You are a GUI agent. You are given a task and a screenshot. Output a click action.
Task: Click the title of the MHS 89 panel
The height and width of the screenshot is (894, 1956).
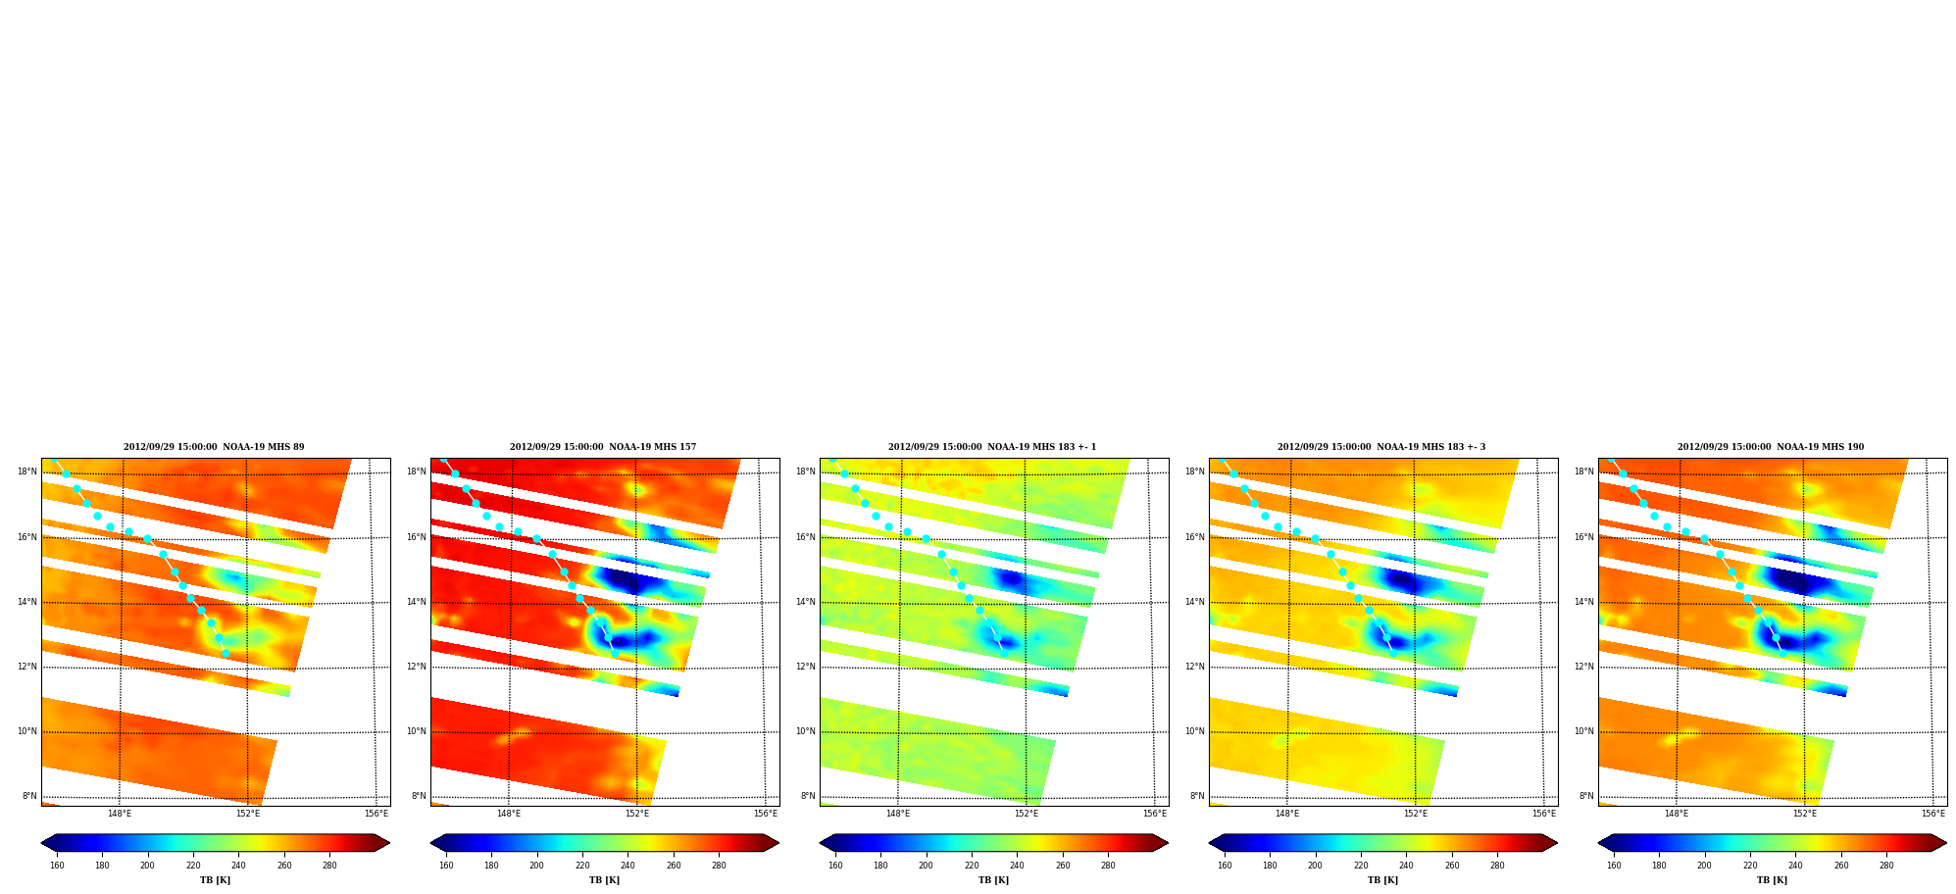pos(214,447)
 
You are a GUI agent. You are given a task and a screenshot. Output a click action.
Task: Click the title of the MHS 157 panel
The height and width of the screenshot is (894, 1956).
pos(603,447)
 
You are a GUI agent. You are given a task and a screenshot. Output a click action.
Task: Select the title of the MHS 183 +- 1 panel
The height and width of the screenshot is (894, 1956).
pos(992,447)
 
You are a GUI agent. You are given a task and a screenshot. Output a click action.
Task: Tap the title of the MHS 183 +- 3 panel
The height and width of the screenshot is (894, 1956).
pos(1381,447)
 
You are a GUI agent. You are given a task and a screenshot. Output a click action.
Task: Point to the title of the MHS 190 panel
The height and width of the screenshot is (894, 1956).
pos(1771,447)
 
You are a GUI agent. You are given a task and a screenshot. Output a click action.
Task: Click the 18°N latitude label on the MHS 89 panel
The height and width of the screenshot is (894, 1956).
pos(27,472)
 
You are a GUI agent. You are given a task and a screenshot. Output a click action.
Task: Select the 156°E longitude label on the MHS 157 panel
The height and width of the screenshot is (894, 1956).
pos(766,814)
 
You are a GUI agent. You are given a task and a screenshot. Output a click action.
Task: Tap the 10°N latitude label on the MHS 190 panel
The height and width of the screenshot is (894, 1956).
pos(1584,731)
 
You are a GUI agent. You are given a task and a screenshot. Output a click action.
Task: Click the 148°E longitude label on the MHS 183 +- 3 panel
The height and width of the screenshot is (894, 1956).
pos(1287,814)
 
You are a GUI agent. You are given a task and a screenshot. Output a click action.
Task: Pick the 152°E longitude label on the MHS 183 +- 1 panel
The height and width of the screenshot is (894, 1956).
pos(1027,814)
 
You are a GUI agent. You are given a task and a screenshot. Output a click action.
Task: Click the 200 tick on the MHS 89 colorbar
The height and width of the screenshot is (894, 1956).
pos(147,866)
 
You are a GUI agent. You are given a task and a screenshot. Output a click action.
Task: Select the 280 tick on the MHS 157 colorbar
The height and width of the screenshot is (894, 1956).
pos(719,866)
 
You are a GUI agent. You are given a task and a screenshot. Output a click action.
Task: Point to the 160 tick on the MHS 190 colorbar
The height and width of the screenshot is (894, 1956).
pos(1614,866)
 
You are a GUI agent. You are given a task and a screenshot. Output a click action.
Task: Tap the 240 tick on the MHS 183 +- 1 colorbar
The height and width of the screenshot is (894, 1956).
pos(1017,866)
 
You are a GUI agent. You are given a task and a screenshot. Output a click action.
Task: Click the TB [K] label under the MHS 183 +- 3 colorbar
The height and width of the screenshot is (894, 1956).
pos(1383,880)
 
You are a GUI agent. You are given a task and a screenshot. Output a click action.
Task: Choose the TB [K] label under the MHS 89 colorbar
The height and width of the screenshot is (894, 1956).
pos(216,880)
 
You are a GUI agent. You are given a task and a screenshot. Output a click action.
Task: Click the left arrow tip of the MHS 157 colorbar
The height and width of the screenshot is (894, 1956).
pos(431,843)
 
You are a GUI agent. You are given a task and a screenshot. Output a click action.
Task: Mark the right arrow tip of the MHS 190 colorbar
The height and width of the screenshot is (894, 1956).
pos(1946,843)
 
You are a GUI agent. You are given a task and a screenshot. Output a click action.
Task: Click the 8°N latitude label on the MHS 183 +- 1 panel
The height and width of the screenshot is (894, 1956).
pos(808,796)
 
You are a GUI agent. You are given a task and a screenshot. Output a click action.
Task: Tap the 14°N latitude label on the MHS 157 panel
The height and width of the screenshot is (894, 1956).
pos(417,602)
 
